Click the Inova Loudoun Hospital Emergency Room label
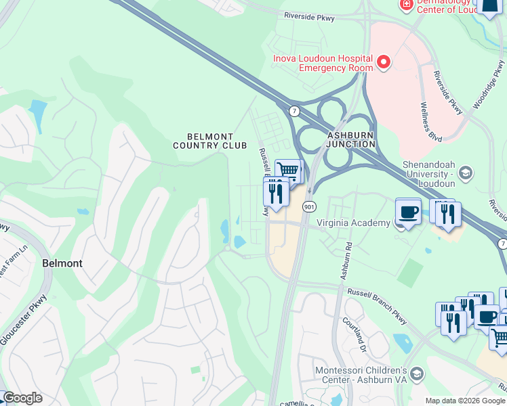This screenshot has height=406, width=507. click(x=323, y=63)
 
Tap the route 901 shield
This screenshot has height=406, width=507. click(x=308, y=206)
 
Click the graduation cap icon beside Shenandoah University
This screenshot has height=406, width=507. click(x=465, y=174)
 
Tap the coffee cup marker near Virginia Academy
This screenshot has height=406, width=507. click(x=408, y=211)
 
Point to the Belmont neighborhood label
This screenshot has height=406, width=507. click(x=62, y=263)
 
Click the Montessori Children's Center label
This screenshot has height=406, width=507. click(x=360, y=376)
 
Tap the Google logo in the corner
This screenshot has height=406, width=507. click(x=22, y=398)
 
